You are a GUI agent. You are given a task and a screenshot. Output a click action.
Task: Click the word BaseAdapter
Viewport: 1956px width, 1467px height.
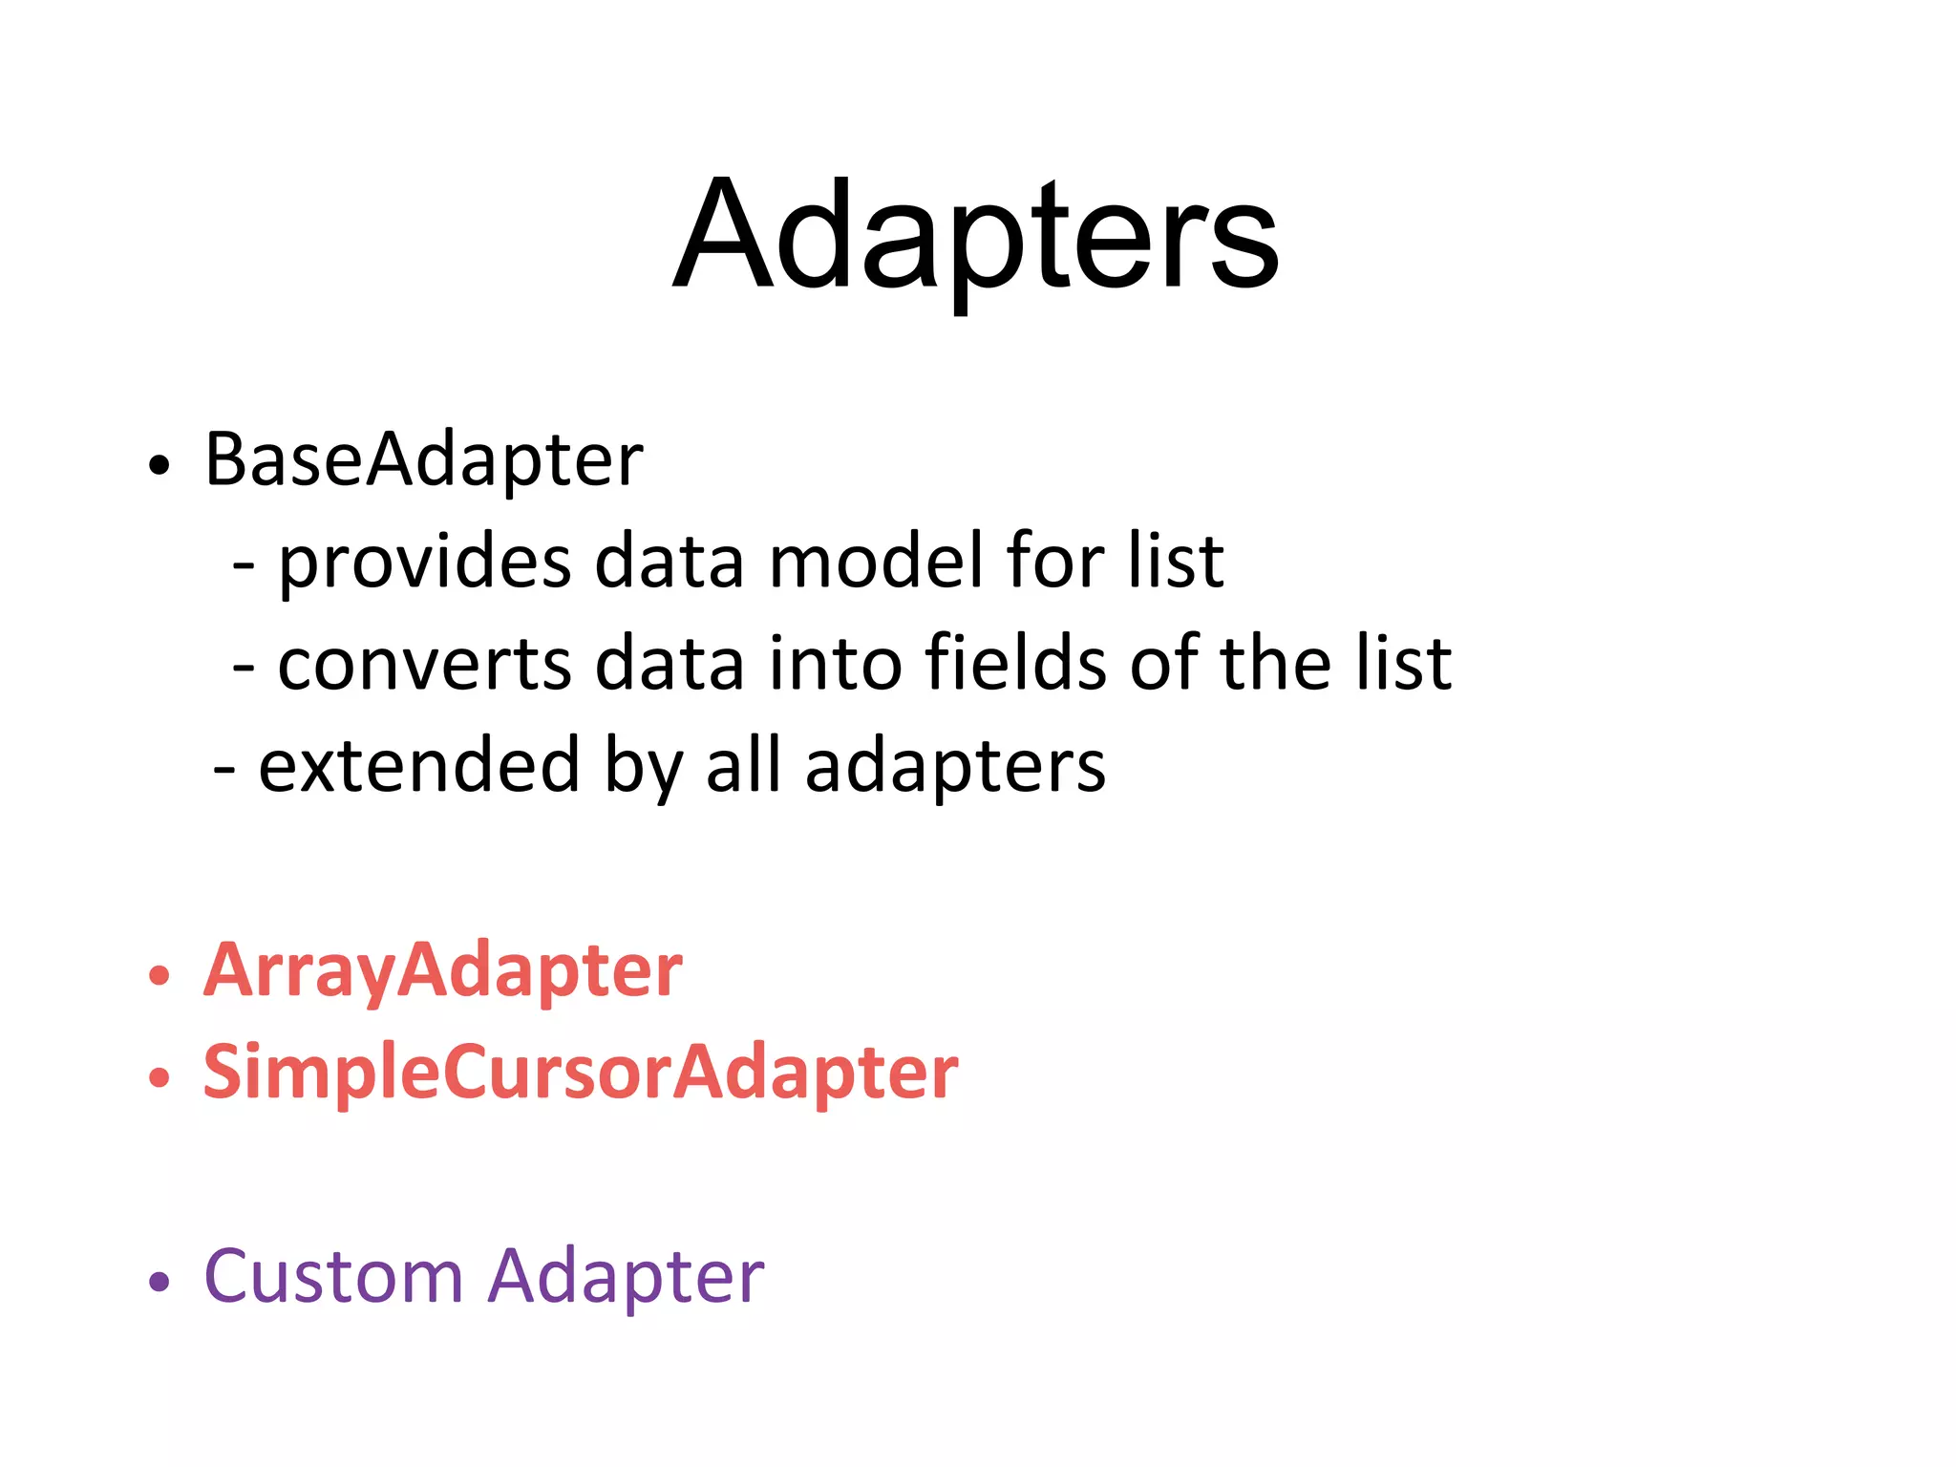(423, 460)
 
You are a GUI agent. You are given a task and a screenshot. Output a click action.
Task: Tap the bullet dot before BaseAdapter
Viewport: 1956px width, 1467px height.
(159, 465)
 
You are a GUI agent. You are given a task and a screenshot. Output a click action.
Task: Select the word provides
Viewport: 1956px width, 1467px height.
(424, 563)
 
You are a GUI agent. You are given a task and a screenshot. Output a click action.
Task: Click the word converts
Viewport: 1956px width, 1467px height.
(424, 664)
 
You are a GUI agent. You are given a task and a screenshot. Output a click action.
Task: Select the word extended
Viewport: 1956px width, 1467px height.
(418, 766)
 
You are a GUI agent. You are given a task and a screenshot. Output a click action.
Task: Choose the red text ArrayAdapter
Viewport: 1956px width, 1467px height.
(442, 971)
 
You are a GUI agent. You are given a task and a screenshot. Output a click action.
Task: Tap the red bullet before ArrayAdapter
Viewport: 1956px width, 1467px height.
(159, 976)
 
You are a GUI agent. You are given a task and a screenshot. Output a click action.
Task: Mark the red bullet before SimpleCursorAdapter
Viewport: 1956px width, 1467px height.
(159, 1078)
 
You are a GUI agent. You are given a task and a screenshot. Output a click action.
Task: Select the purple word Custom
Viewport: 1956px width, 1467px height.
(333, 1276)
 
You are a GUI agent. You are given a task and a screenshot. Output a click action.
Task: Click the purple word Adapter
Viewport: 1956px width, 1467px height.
(626, 1278)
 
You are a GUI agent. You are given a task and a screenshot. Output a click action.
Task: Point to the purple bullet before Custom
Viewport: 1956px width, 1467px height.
(159, 1282)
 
